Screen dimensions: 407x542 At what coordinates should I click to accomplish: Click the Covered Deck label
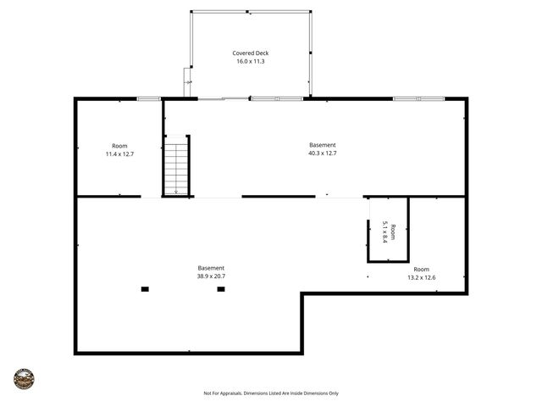250,53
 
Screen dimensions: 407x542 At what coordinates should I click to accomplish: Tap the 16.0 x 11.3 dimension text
250,61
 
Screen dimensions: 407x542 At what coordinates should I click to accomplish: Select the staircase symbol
175,168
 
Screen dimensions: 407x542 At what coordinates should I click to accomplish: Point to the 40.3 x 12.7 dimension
322,153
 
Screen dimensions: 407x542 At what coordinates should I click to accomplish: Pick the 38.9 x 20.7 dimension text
211,276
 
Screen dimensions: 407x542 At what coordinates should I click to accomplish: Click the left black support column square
145,289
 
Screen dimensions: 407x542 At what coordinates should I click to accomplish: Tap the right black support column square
221,289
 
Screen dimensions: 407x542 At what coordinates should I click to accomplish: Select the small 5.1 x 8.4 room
389,231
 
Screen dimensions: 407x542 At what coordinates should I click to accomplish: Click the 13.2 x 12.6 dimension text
421,276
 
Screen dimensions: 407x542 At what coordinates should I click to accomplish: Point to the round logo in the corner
24,378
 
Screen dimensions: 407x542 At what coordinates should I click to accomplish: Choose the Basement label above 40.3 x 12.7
322,145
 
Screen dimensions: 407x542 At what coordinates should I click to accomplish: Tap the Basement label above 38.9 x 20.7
211,268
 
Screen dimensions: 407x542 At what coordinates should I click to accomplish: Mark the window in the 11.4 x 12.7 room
149,99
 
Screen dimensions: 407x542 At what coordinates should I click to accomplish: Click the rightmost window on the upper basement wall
418,99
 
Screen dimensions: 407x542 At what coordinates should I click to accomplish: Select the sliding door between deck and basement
224,99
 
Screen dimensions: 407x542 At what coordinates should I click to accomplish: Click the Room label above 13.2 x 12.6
421,268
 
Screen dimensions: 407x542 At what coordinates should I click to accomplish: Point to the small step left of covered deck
187,82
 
